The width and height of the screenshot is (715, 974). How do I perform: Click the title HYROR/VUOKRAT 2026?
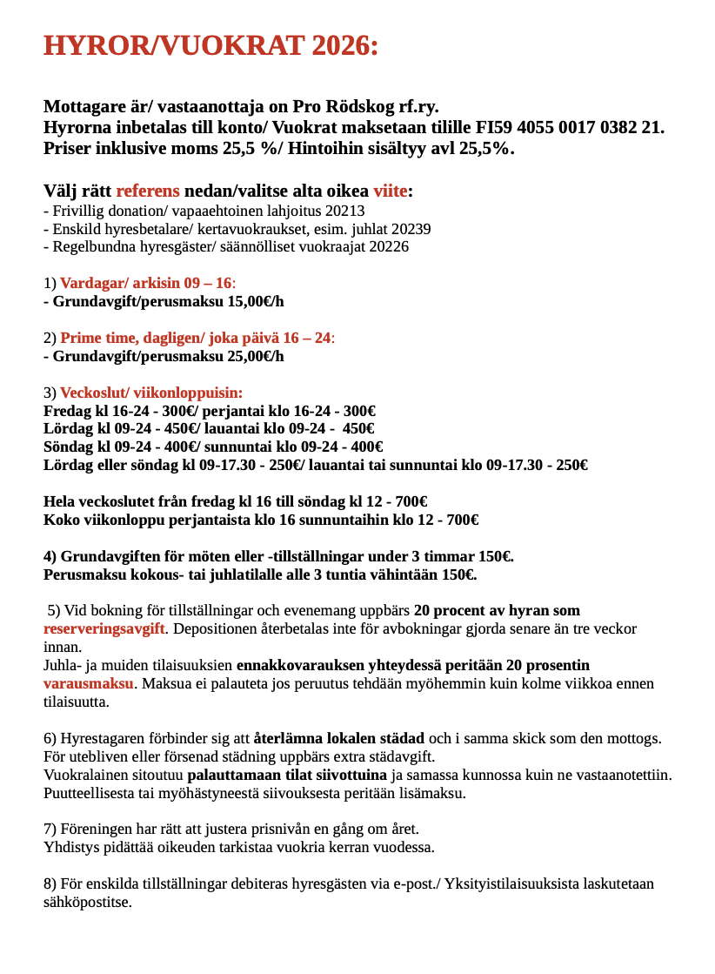click(211, 45)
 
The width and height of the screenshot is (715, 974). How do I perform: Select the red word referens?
click(148, 191)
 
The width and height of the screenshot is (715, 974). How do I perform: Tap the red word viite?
click(390, 191)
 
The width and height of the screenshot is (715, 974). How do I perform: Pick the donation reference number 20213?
click(344, 211)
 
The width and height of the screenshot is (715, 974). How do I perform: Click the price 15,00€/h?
click(256, 301)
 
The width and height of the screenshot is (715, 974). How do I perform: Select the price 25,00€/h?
click(256, 356)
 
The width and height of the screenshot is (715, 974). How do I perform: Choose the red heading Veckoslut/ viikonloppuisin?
click(151, 393)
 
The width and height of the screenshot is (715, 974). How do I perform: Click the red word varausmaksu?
click(88, 683)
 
